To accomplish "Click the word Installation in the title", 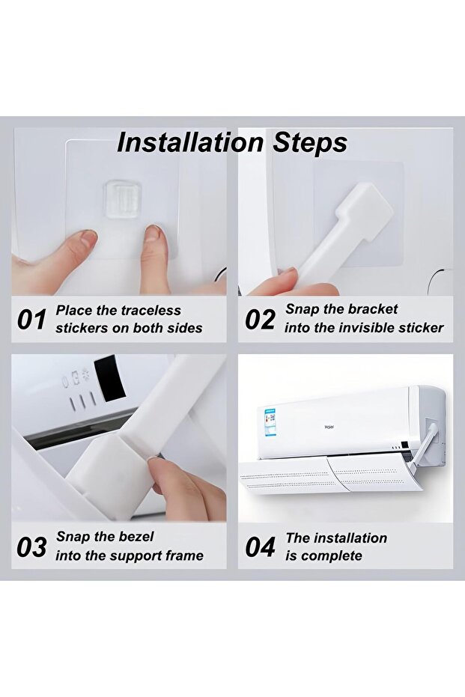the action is pyautogui.click(x=190, y=143).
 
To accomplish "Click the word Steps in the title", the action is pyautogui.click(x=310, y=144).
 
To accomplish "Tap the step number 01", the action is pyautogui.click(x=31, y=320).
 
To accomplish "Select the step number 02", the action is pyautogui.click(x=261, y=320).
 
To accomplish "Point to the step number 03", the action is pyautogui.click(x=31, y=547).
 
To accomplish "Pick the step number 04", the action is pyautogui.click(x=261, y=547).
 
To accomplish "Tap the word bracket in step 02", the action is pyautogui.click(x=373, y=309).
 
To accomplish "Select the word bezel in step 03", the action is pyautogui.click(x=134, y=537).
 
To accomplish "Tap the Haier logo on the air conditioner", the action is pyautogui.click(x=329, y=427).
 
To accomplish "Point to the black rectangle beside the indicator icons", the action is pyautogui.click(x=109, y=378).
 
